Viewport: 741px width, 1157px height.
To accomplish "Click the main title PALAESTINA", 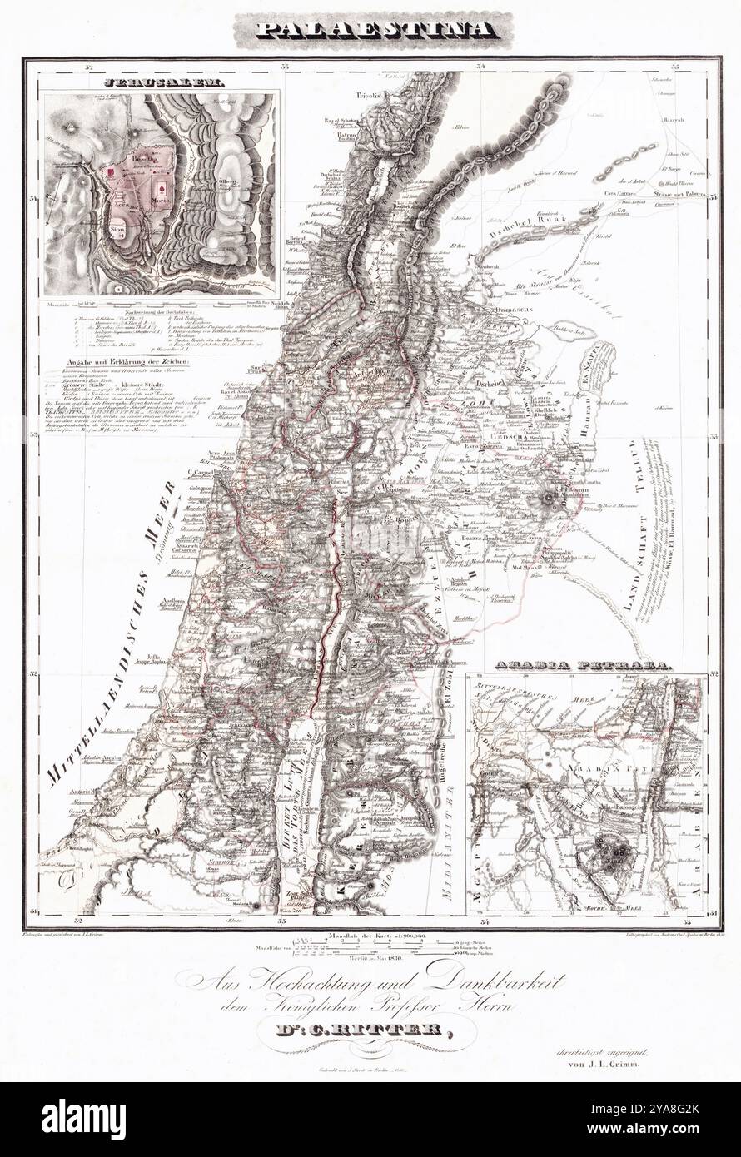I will click(370, 32).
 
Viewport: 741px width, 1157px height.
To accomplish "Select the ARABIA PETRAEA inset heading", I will click(584, 666).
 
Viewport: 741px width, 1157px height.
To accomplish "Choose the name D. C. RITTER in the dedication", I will click(370, 1033).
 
